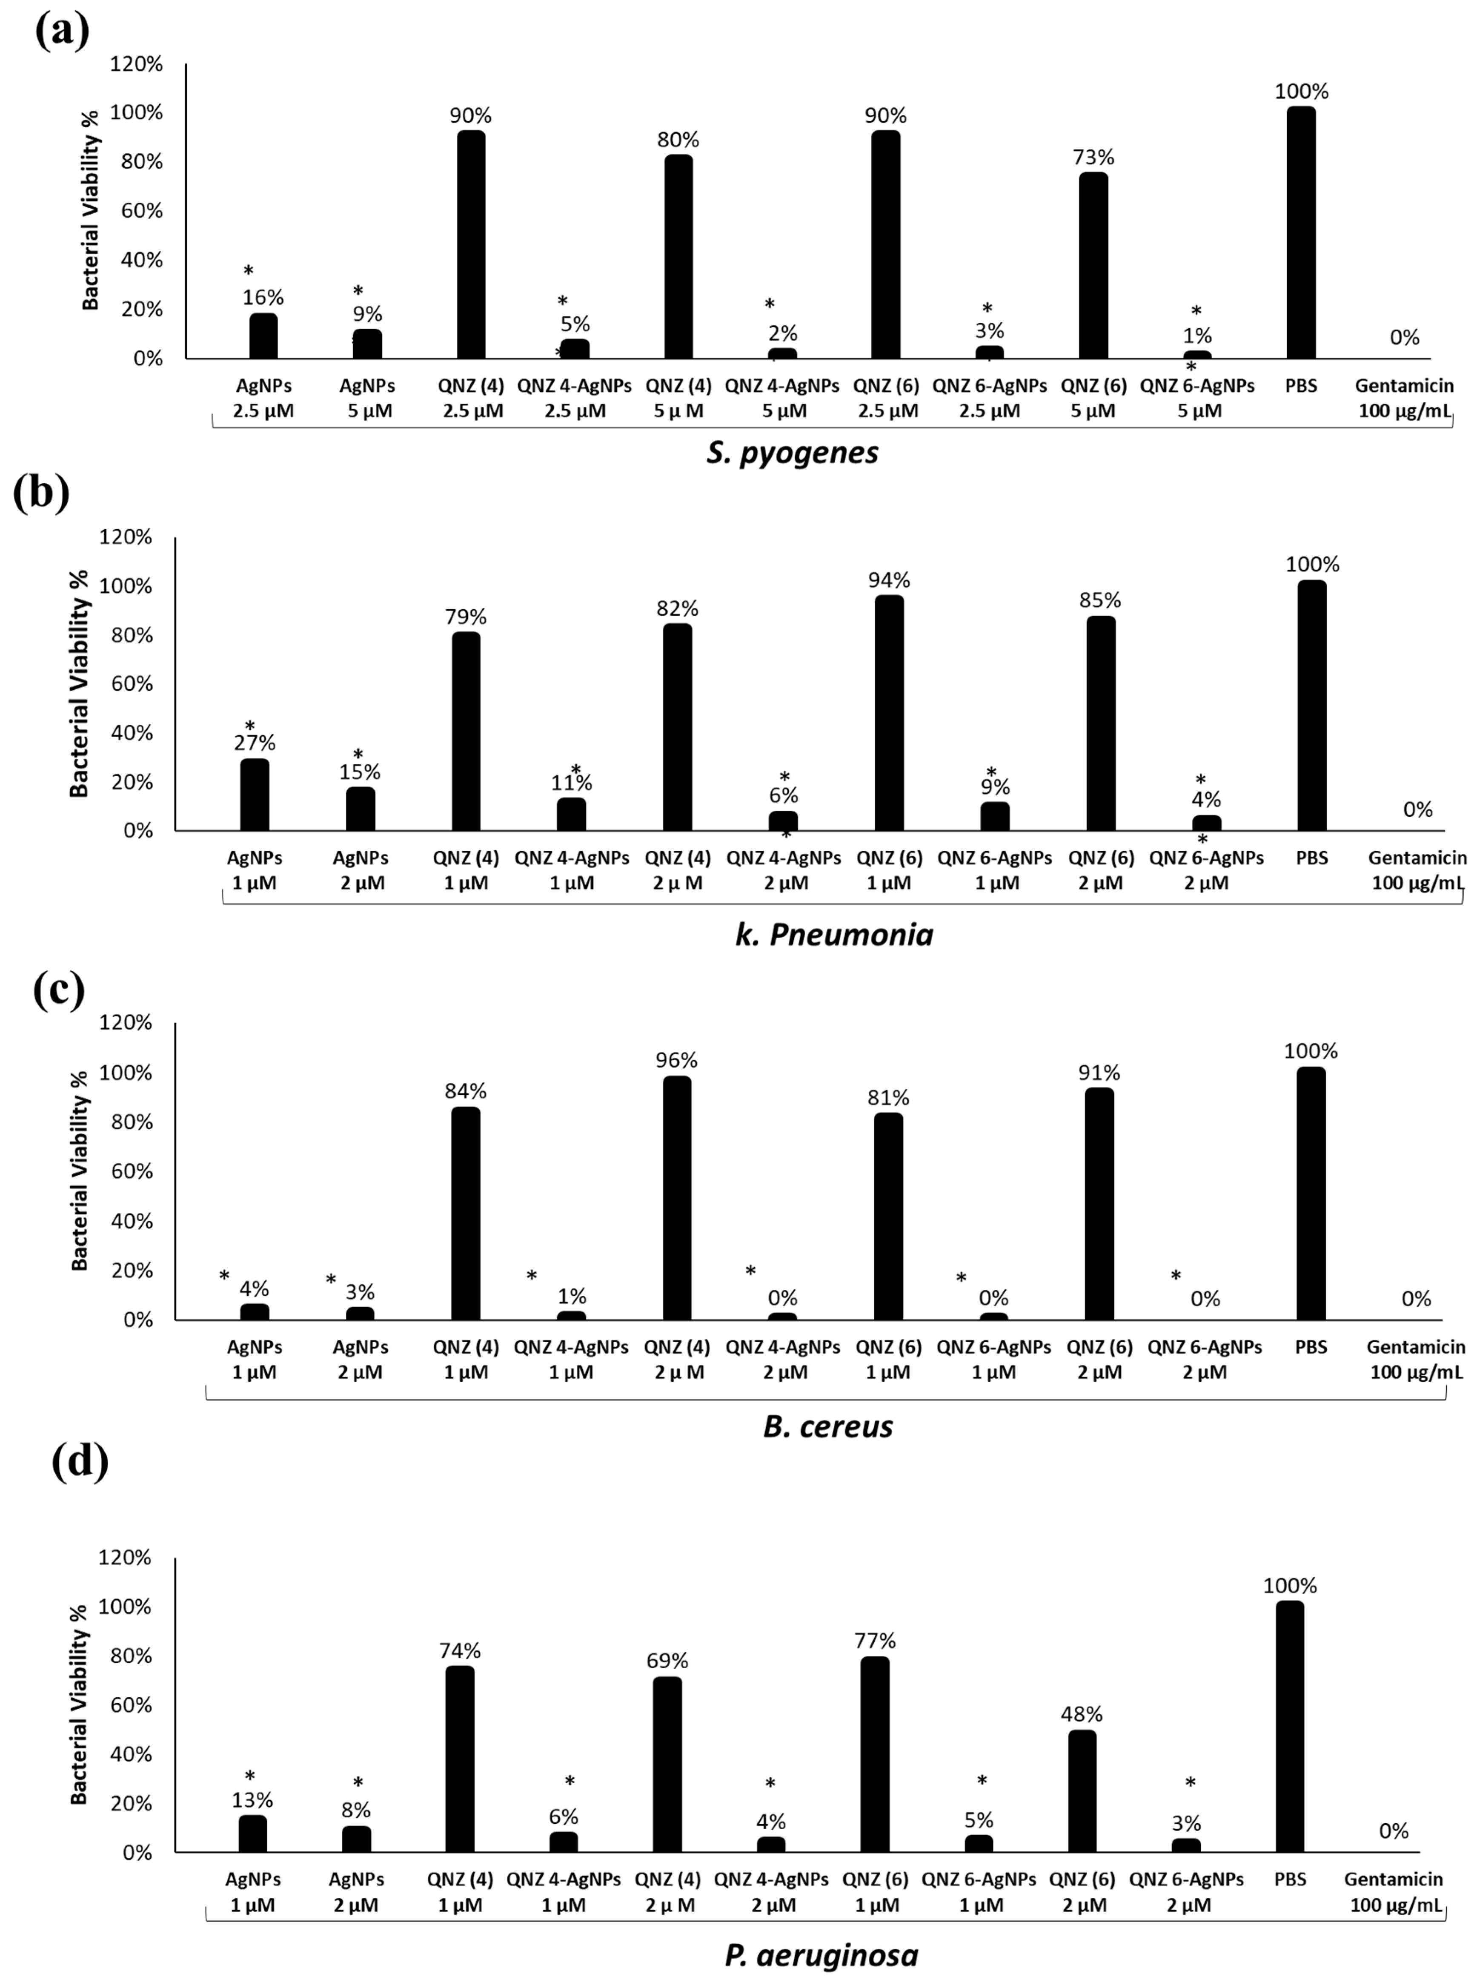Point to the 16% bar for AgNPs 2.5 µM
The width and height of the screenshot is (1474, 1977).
[x=263, y=336]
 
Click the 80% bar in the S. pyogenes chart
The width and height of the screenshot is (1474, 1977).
[x=678, y=257]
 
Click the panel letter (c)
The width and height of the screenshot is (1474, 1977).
[x=59, y=990]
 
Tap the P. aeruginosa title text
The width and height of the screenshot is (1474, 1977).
[x=821, y=1956]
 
